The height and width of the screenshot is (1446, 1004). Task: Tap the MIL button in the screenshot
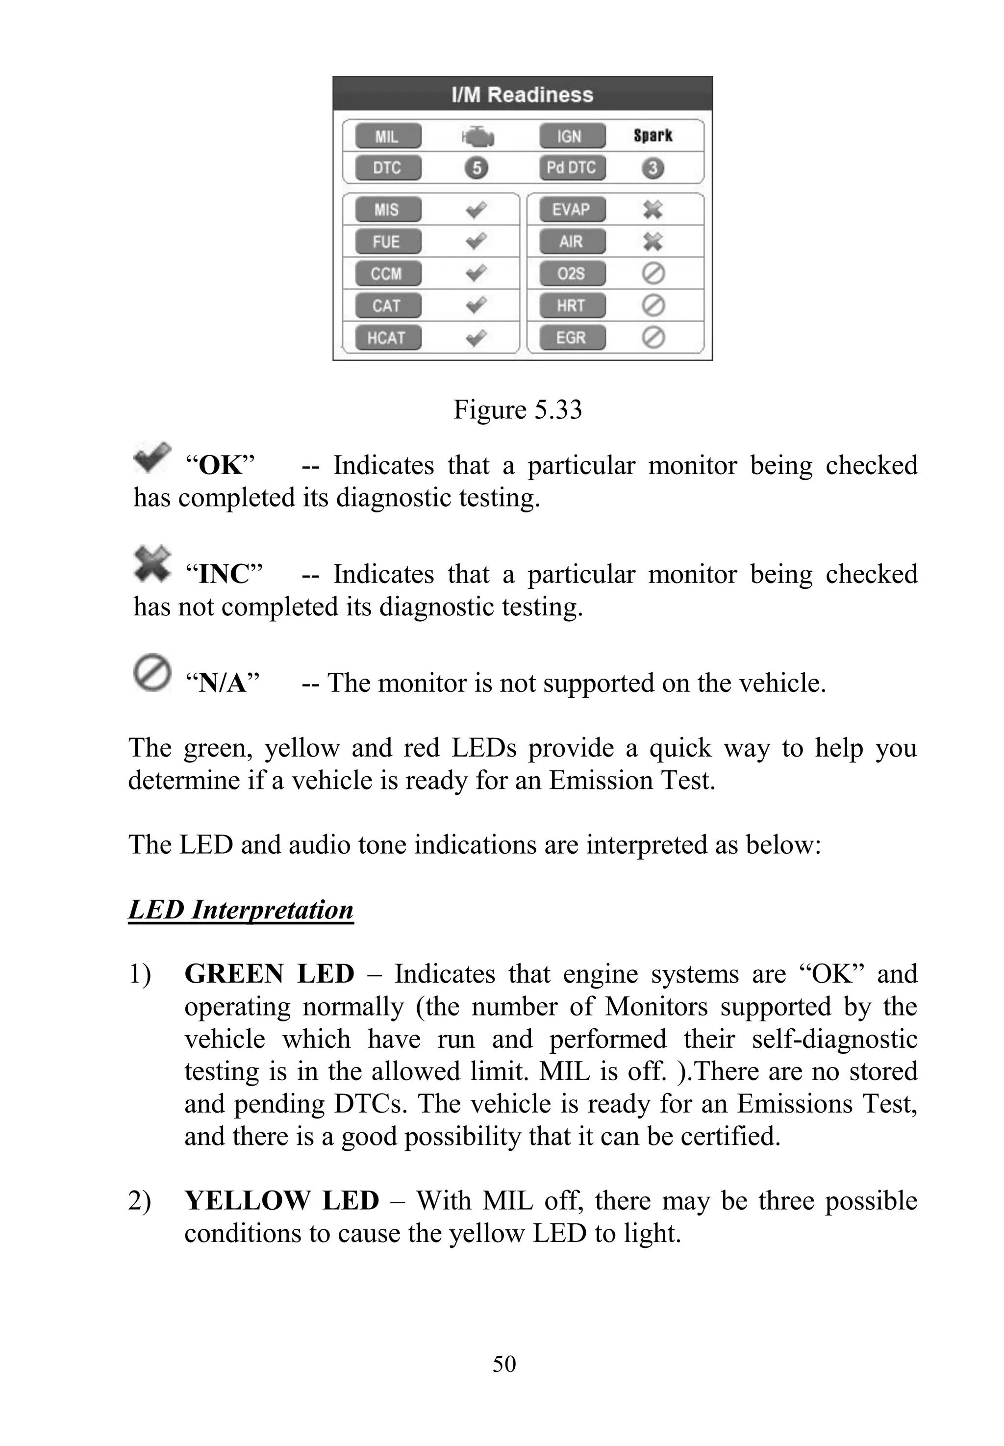387,136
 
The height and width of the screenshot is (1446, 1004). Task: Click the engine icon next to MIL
477,136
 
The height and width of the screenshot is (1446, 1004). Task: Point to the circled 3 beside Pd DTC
653,168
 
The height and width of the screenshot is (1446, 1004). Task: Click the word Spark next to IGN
653,135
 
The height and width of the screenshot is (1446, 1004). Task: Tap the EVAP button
571,209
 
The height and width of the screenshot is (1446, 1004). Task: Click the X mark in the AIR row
653,242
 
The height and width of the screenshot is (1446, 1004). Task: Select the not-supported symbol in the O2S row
653,274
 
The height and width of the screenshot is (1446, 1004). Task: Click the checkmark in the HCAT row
476,338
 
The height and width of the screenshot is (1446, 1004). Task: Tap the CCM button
387,274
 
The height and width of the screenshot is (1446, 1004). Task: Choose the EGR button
571,338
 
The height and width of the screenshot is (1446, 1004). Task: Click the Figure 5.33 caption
518,409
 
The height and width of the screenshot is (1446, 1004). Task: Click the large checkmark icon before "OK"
151,457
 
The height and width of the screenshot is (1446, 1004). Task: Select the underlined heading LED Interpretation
241,910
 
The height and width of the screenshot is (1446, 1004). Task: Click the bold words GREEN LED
269,974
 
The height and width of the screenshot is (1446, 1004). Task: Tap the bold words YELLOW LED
281,1201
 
